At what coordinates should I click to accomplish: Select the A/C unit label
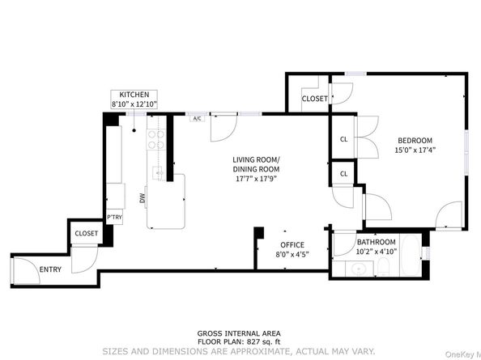point(196,119)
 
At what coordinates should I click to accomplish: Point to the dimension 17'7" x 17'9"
point(256,180)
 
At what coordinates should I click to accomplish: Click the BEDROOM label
point(413,140)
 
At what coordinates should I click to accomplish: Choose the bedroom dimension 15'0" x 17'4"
point(413,150)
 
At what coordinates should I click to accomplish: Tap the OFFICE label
point(292,244)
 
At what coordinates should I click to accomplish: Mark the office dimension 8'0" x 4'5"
point(292,255)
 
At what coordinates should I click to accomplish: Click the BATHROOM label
point(376,242)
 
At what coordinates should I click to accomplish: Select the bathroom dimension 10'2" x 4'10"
point(376,252)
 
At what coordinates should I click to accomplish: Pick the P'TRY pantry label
point(114,218)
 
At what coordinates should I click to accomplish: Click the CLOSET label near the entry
point(86,234)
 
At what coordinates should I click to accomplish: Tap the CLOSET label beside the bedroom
point(314,99)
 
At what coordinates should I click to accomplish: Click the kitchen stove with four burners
point(155,140)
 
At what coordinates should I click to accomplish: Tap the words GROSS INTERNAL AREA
point(240,333)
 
